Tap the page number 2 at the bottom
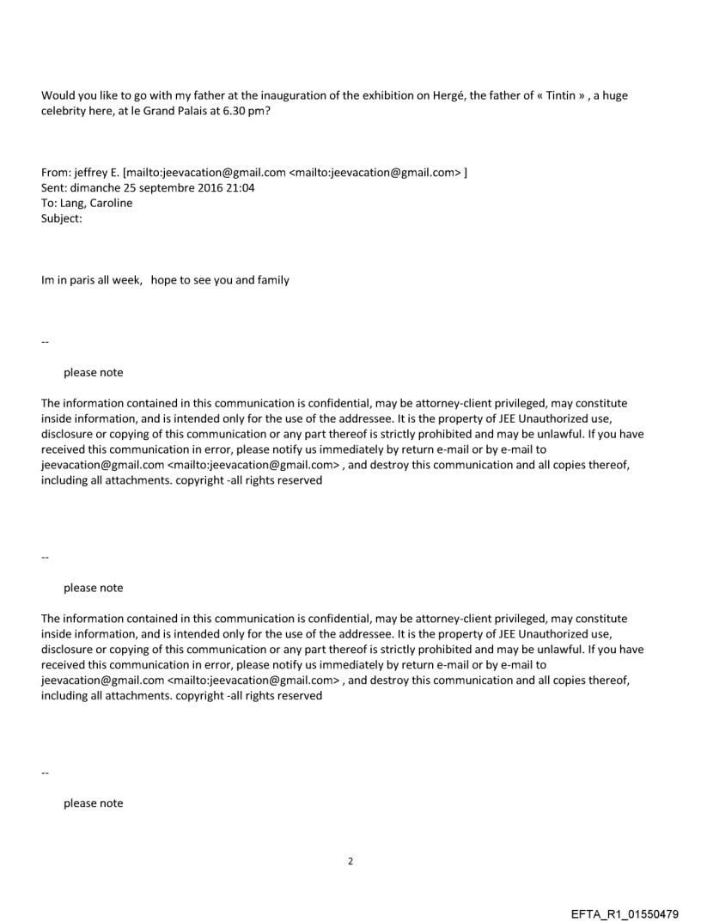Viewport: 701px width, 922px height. [350, 860]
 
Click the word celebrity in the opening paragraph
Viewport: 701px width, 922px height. [65, 111]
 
